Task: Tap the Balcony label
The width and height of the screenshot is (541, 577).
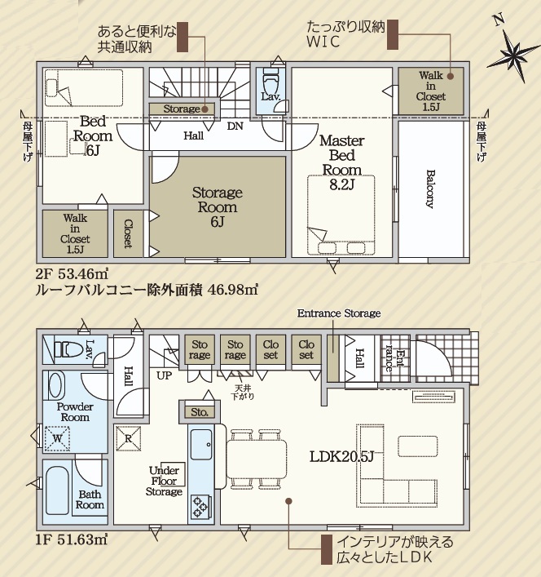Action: (x=430, y=189)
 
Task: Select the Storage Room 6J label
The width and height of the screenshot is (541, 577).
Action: (x=217, y=206)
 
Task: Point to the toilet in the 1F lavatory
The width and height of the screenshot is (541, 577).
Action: (x=68, y=348)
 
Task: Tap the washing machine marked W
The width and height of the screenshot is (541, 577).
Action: (x=57, y=438)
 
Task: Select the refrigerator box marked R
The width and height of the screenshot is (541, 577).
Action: (x=129, y=438)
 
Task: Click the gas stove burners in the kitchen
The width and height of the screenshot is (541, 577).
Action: (x=201, y=507)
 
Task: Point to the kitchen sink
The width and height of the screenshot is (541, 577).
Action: (x=201, y=444)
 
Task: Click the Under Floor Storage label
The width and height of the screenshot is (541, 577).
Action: (x=164, y=481)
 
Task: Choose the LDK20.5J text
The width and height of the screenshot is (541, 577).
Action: (x=341, y=456)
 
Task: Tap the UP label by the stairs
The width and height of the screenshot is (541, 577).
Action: (x=164, y=375)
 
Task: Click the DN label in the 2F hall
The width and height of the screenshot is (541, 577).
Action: (x=235, y=126)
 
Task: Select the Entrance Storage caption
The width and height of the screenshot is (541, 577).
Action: (x=339, y=313)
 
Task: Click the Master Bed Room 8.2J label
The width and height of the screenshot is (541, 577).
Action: (x=341, y=162)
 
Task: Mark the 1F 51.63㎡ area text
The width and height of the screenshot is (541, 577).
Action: (x=71, y=539)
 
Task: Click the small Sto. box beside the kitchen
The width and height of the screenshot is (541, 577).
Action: (x=200, y=412)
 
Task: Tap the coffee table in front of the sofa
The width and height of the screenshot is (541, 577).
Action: (x=418, y=446)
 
